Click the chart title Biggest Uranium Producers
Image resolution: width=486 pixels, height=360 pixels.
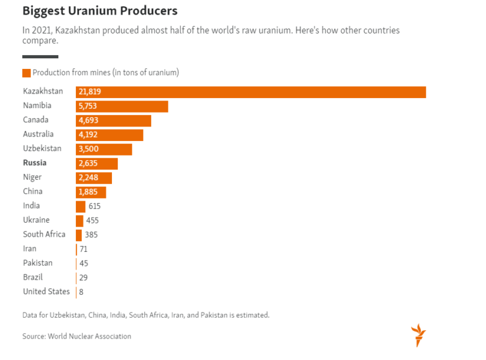(x=99, y=11)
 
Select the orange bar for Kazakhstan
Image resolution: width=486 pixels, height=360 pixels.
(x=251, y=92)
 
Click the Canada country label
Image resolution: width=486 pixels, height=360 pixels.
(x=35, y=120)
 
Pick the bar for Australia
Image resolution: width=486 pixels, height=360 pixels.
(x=109, y=135)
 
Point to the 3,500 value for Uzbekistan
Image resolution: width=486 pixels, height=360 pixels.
(x=89, y=149)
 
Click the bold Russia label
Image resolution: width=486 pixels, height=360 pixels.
(x=35, y=163)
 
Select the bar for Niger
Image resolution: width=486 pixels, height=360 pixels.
(x=94, y=178)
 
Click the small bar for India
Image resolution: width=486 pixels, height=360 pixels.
(x=80, y=206)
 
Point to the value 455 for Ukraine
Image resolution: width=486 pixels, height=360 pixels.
(x=92, y=221)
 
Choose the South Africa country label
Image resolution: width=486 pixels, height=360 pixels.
(x=44, y=235)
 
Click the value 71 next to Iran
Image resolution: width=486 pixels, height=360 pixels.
(x=84, y=249)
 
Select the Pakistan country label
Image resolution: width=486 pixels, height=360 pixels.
(x=38, y=263)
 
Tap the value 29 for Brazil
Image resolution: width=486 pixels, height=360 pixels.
(x=84, y=278)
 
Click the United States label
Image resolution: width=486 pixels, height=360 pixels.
(x=46, y=292)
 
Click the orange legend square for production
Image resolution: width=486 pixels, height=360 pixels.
(x=27, y=73)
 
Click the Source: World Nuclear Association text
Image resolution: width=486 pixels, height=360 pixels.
(x=77, y=337)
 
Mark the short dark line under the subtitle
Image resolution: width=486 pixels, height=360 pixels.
(x=40, y=57)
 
